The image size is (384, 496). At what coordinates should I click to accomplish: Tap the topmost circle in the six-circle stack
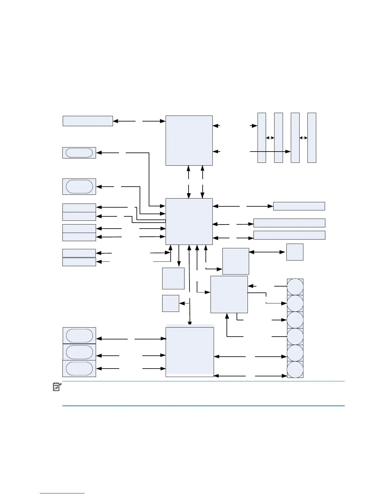(x=295, y=287)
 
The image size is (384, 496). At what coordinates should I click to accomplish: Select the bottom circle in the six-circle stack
(x=295, y=369)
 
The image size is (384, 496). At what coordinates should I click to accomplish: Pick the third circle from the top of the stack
(x=295, y=320)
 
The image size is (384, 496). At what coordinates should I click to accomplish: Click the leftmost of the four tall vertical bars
(x=262, y=138)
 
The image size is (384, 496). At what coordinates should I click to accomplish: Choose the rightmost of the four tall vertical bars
(x=312, y=138)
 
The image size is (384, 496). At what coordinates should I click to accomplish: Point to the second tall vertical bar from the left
(x=278, y=138)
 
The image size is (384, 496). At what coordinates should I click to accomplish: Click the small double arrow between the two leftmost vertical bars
(x=270, y=138)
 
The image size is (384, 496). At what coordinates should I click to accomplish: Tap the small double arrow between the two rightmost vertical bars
(x=303, y=138)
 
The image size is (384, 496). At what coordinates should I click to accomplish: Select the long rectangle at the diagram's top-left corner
(x=88, y=121)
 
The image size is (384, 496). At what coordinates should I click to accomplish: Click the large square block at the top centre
(x=189, y=140)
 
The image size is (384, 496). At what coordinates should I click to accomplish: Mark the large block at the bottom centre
(x=189, y=352)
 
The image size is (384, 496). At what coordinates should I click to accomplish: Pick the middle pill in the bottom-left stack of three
(x=79, y=352)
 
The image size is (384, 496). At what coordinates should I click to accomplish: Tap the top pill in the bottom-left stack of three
(x=79, y=336)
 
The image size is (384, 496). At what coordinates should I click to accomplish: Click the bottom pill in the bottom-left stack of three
(x=79, y=369)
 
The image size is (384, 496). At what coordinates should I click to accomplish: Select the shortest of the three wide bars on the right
(x=299, y=206)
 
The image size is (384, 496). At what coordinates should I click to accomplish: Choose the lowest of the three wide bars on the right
(x=289, y=235)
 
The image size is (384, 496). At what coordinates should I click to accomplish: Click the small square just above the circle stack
(x=295, y=252)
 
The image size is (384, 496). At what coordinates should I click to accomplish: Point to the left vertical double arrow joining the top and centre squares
(x=189, y=182)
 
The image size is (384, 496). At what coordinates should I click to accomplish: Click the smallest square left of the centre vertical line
(x=170, y=303)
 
